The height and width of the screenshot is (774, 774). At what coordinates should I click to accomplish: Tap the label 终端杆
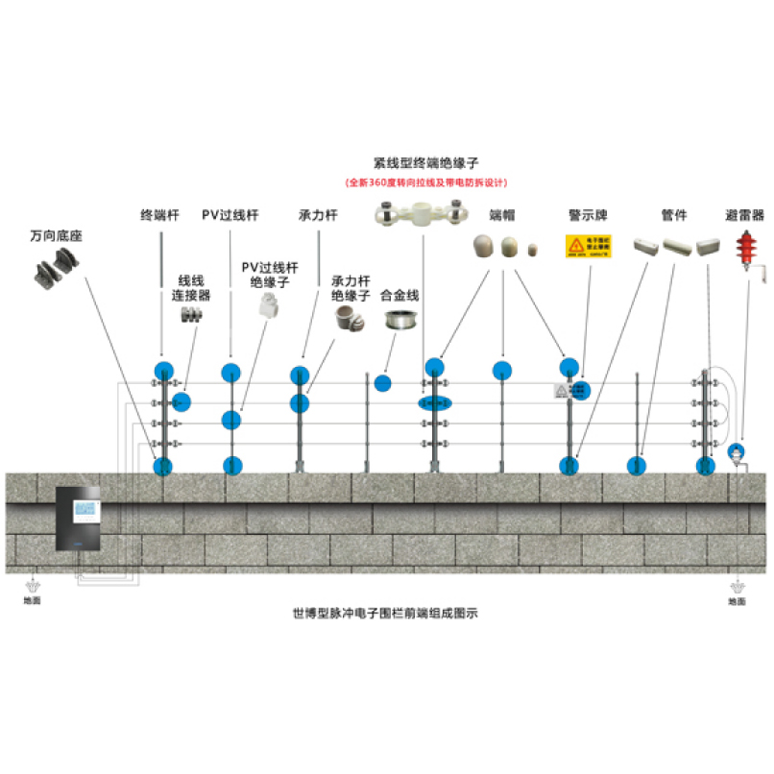(160, 215)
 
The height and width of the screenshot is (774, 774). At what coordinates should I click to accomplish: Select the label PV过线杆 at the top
(230, 215)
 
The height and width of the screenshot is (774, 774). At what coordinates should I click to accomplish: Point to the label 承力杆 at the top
(318, 215)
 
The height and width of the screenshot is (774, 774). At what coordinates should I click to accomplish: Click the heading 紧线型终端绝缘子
(426, 163)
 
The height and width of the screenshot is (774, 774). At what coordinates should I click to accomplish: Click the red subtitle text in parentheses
(426, 182)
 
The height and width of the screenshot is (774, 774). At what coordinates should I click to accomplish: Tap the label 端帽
(502, 215)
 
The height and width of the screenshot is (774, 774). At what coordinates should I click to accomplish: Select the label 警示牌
(587, 215)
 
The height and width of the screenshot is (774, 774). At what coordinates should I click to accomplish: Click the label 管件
(675, 215)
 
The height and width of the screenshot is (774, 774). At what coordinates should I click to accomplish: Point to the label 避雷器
(745, 215)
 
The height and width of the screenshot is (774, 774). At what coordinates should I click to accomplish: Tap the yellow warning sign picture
(588, 247)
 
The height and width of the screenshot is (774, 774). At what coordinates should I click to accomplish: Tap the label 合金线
(400, 296)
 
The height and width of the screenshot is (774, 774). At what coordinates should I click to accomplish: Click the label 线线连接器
(191, 288)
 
